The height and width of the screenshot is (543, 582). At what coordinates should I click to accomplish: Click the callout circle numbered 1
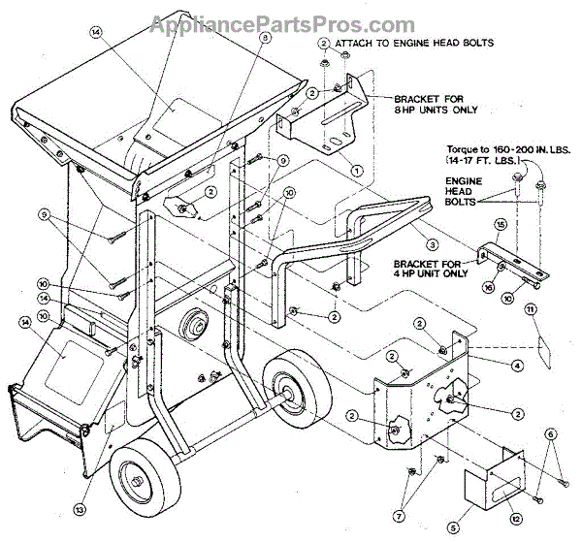tap(357, 169)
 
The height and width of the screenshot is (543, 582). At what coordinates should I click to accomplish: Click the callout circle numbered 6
tap(550, 434)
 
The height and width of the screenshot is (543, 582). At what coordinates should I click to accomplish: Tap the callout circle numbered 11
tap(531, 309)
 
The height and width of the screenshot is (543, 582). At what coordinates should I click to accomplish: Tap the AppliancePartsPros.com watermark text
tap(291, 24)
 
